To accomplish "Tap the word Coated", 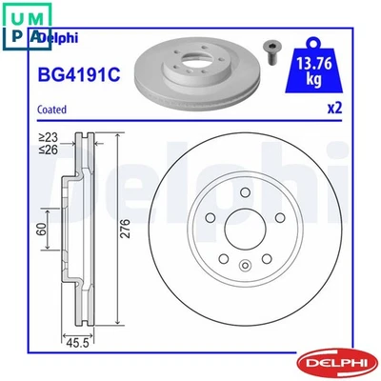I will click(52, 110).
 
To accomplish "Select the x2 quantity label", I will click(333, 109).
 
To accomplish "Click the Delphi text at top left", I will click(59, 38).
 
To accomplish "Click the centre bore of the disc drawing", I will click(238, 231).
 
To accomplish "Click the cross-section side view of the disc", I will click(78, 229).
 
